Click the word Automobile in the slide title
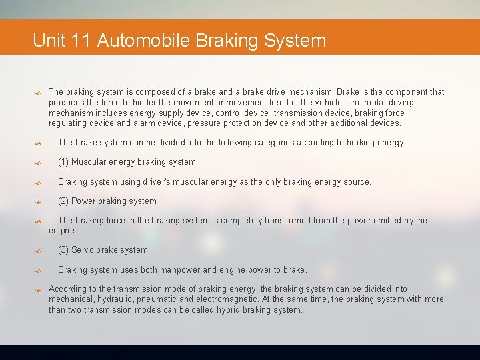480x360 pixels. click(143, 41)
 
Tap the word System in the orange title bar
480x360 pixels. click(295, 41)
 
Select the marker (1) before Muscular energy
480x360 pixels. click(63, 162)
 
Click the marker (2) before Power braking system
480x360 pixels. click(63, 201)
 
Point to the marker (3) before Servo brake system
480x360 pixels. click(63, 250)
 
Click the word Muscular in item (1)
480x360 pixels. click(89, 162)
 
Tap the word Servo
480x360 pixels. click(83, 250)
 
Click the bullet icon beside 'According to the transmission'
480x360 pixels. click(39, 291)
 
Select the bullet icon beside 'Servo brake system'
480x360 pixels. click(39, 251)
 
